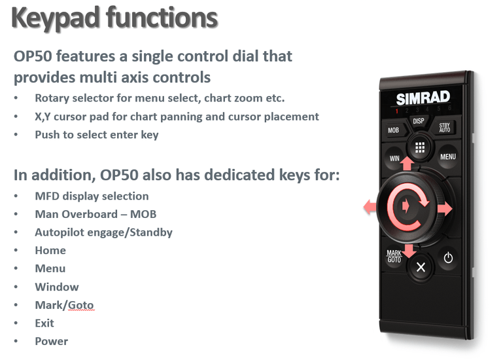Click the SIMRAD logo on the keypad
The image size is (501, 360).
[x=423, y=98]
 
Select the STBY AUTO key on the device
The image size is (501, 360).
[x=444, y=127]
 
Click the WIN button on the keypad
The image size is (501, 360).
[x=394, y=158]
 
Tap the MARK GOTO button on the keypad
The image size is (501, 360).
[x=394, y=256]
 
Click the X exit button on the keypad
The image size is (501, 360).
[x=421, y=267]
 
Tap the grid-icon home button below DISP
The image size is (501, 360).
[x=420, y=147]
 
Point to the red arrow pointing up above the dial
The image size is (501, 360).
[x=407, y=163]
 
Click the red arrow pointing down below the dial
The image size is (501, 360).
[x=408, y=251]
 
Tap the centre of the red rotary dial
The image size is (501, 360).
[x=407, y=207]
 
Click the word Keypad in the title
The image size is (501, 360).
[x=56, y=18]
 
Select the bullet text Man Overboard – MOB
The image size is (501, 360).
[x=95, y=214]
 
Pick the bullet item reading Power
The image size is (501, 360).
[x=51, y=341]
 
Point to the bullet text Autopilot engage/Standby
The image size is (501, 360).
[x=103, y=232]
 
